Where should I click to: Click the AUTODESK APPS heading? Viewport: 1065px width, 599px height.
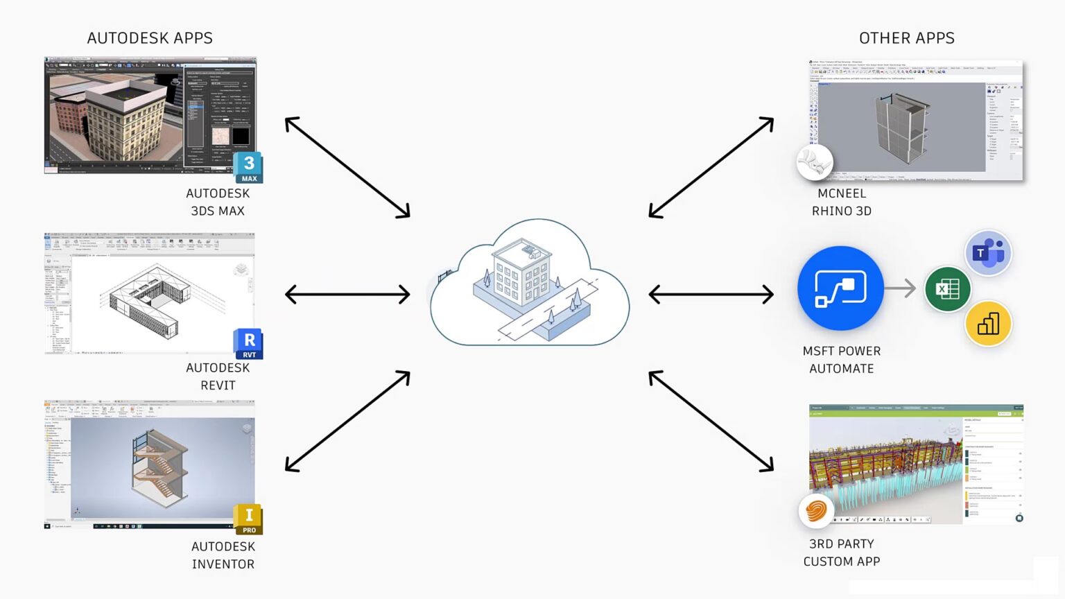click(x=150, y=38)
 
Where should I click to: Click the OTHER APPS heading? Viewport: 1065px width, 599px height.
click(x=906, y=38)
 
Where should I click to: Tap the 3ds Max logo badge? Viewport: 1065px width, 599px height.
click(x=248, y=167)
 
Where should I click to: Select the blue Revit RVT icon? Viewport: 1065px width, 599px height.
click(x=248, y=344)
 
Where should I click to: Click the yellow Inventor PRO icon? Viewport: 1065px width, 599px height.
click(x=248, y=519)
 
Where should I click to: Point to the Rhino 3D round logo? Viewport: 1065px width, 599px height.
click(x=814, y=163)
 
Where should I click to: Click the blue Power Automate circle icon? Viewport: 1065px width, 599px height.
click(x=840, y=288)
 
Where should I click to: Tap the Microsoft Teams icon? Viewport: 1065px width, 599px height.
click(x=987, y=253)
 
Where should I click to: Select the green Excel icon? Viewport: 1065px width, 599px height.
click(x=947, y=288)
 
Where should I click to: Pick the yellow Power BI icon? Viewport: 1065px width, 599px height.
click(x=988, y=323)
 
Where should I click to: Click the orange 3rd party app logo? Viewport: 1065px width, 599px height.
click(x=816, y=512)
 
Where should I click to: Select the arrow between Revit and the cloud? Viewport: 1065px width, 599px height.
click(x=347, y=294)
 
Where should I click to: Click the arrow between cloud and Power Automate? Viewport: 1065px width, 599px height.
click(x=711, y=294)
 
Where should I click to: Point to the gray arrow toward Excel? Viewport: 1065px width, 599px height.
click(x=901, y=288)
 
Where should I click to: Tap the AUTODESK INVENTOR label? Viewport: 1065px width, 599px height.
click(x=223, y=555)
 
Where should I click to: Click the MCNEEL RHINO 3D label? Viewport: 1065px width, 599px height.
click(x=841, y=202)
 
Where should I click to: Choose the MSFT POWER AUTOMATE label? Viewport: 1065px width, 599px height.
click(x=841, y=360)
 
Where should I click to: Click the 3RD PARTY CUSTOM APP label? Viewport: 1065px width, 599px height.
click(x=841, y=553)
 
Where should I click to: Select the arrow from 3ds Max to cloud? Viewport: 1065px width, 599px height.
click(x=347, y=167)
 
